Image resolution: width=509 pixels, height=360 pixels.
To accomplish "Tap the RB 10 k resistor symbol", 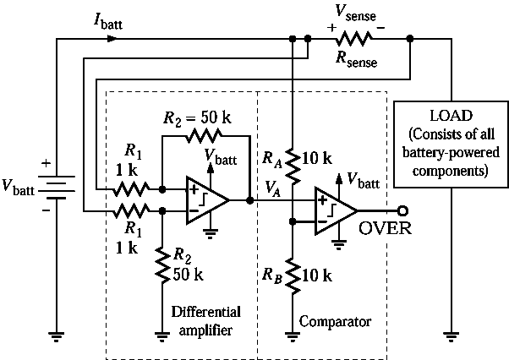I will click(292, 275).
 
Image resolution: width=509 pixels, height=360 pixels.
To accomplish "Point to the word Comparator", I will click(336, 322).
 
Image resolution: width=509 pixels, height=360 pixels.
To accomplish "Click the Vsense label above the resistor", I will click(358, 12).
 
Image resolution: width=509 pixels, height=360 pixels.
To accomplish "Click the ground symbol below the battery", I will click(56, 335).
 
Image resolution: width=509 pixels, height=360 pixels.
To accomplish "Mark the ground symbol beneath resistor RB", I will click(292, 335).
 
